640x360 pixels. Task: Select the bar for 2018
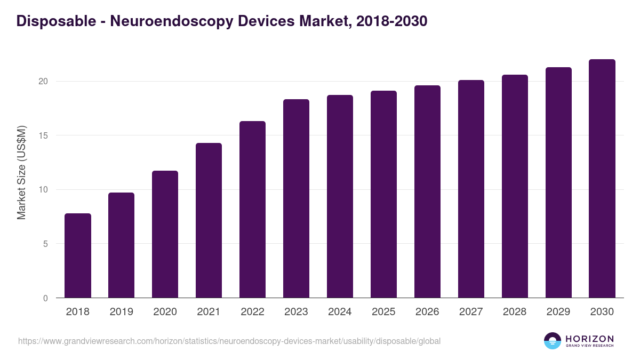point(78,255)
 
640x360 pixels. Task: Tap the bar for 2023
point(296,198)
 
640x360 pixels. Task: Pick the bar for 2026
point(427,191)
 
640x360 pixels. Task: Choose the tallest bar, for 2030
point(602,179)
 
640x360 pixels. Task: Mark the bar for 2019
point(122,245)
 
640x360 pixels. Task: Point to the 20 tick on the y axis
point(43,82)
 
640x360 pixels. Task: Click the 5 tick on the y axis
point(46,244)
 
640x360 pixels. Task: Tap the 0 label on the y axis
point(46,298)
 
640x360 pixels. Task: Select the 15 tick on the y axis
point(43,135)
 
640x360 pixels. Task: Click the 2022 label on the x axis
point(252,312)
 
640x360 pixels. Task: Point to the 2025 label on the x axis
point(383,312)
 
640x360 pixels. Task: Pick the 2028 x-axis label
point(515,312)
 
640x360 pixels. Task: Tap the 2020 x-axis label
point(165,312)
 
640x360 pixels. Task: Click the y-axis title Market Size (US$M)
point(21,173)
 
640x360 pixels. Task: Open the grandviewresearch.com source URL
point(229,341)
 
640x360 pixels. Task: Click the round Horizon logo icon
point(553,341)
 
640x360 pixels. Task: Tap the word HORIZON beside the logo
point(589,339)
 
